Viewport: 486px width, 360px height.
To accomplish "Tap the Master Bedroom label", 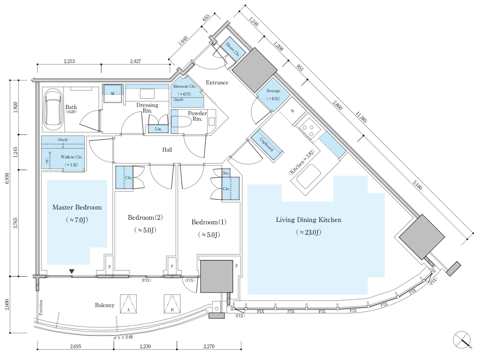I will pyautogui.click(x=77, y=207).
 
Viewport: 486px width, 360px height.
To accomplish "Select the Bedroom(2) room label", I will pyautogui.click(x=145, y=218).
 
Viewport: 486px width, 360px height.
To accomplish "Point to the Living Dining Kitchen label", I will pyautogui.click(x=308, y=220).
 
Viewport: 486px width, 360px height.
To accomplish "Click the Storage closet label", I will pyautogui.click(x=273, y=91).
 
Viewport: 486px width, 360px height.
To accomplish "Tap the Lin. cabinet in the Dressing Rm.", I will pyautogui.click(x=158, y=129).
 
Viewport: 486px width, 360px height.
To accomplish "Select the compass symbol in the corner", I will pyautogui.click(x=463, y=340).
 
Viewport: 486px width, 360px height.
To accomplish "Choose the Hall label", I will pyautogui.click(x=167, y=150).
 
